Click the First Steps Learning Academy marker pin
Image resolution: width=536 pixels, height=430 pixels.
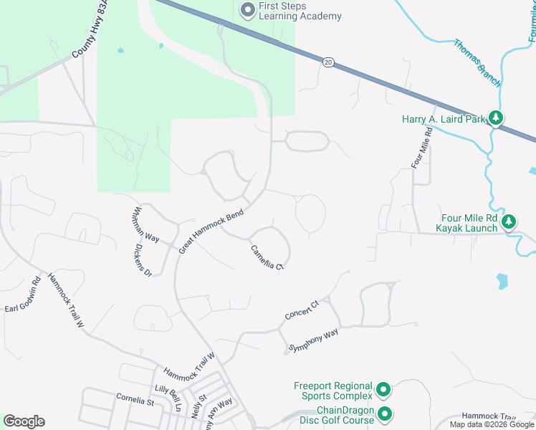[x=248, y=9]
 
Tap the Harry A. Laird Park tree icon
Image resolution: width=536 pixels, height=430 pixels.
[x=495, y=118]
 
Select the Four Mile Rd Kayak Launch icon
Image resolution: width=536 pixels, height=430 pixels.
[x=509, y=221]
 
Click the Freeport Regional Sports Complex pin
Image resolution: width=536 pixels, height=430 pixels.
[x=383, y=391]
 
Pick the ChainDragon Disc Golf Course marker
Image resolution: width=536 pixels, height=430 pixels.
[x=385, y=414]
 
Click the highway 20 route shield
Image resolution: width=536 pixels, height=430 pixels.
[x=327, y=62]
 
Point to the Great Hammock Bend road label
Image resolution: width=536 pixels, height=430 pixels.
[x=211, y=231]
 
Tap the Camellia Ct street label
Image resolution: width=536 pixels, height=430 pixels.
[x=268, y=257]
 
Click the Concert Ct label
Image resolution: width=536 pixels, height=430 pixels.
[x=301, y=310]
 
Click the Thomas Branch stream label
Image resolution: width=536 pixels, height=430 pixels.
[x=477, y=62]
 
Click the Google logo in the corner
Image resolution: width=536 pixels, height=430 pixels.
[x=24, y=421]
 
